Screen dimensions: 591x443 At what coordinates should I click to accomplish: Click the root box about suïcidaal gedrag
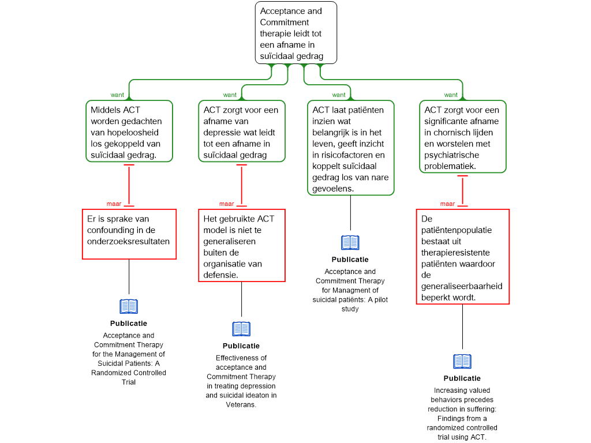tap(296, 33)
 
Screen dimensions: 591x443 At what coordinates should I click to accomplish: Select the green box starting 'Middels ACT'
tap(129, 131)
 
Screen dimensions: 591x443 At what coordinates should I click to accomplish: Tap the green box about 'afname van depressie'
tap(242, 131)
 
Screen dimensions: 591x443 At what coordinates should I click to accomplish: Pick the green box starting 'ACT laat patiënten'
tap(350, 148)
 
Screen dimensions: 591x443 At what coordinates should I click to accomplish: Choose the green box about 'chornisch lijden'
tap(463, 137)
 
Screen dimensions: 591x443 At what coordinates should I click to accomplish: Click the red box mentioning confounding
tap(129, 234)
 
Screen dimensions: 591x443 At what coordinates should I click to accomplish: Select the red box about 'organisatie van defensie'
tap(242, 245)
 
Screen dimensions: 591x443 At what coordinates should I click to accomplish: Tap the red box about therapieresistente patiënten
tap(463, 257)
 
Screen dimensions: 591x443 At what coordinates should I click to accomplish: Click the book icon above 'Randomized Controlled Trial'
tap(129, 307)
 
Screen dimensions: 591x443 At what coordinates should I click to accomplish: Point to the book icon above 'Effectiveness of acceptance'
tap(242, 329)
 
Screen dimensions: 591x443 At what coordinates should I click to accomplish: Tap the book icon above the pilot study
tap(350, 243)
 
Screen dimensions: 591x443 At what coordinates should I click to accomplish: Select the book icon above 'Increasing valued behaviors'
tap(462, 362)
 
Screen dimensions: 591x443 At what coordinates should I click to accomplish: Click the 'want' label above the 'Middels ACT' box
tap(117, 95)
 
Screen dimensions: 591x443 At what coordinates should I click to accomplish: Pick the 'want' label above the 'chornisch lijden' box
tap(451, 95)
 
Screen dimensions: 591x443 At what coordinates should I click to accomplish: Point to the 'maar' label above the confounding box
tap(114, 204)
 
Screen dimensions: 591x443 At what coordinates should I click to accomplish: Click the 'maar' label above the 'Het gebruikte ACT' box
tap(226, 204)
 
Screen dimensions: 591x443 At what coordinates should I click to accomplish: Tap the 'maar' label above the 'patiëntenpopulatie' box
tap(447, 204)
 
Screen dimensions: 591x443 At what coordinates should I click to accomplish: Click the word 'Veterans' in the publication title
tap(241, 404)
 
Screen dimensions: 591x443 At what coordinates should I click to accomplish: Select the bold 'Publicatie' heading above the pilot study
tap(350, 260)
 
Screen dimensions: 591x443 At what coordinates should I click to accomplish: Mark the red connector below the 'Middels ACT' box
tap(129, 185)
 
